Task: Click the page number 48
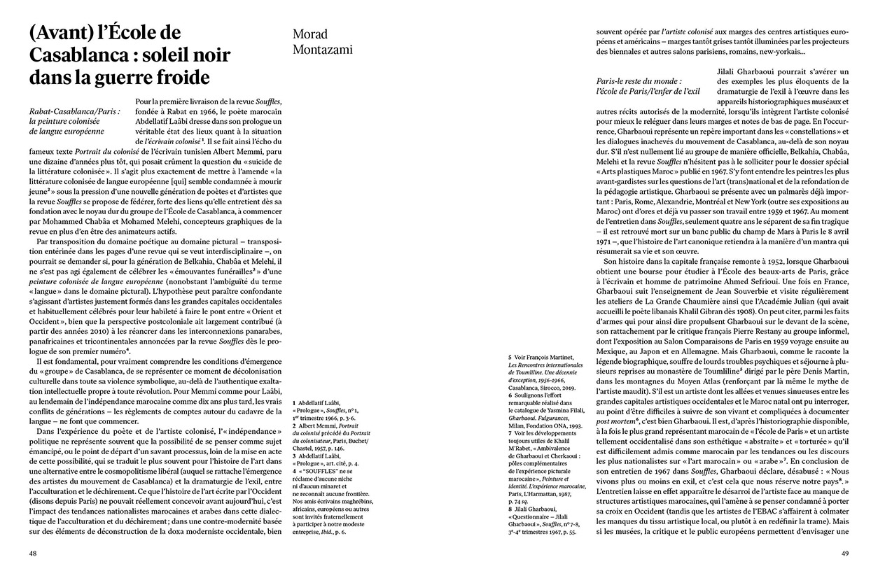click(x=32, y=553)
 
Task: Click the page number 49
click(x=844, y=553)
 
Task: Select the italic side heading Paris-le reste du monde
click(x=637, y=82)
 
